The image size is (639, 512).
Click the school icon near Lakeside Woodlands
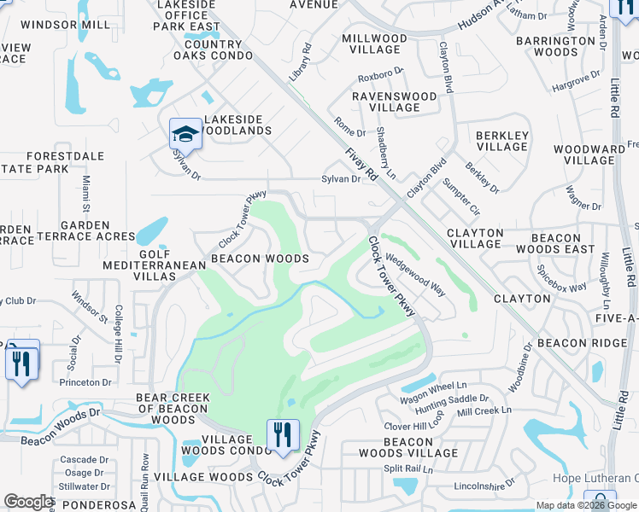[x=185, y=134]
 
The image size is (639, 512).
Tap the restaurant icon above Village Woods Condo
[x=283, y=435]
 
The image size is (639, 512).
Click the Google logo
[x=28, y=502]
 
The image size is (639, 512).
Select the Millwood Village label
[x=374, y=44]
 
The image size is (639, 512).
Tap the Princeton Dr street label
[x=83, y=382]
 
